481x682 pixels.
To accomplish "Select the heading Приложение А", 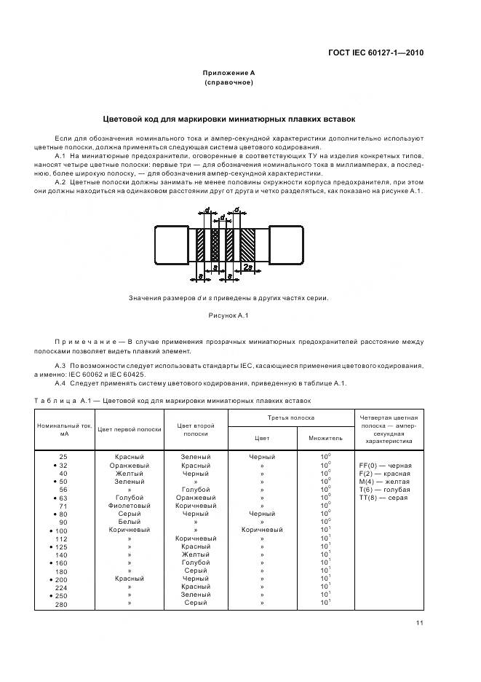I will (x=228, y=73).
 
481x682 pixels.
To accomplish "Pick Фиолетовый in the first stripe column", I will (x=130, y=505).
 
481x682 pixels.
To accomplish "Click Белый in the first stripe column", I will (x=130, y=522).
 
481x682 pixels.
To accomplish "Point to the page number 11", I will (x=420, y=623).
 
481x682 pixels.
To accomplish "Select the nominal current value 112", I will (x=62, y=538).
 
